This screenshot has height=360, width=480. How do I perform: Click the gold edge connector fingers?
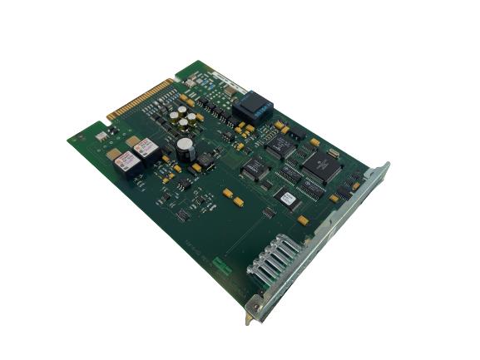(141, 99)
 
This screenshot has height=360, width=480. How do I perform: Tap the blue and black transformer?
(252, 109)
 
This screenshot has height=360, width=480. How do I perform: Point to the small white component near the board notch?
(101, 136)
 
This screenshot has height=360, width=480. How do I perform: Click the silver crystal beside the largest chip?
(334, 153)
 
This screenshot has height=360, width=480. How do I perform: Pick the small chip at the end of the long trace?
(269, 212)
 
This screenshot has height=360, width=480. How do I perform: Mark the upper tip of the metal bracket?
(384, 165)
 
